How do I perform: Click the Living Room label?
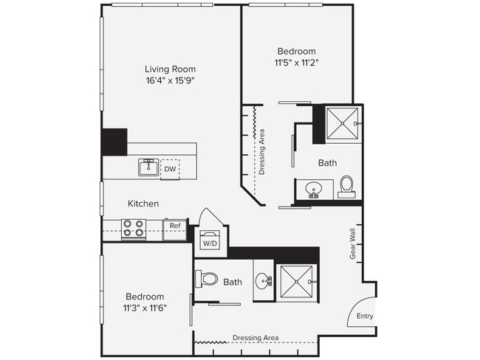(x=170, y=69)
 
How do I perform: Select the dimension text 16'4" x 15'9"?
(x=170, y=80)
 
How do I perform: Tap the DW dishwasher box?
(x=170, y=169)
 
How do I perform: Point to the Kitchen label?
(x=143, y=204)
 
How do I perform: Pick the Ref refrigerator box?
(x=175, y=226)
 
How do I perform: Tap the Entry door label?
(x=365, y=316)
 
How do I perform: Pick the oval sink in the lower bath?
(x=263, y=281)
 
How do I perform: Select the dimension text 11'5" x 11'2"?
(x=296, y=63)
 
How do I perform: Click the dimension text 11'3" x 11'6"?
(x=144, y=308)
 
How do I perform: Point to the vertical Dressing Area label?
(x=262, y=152)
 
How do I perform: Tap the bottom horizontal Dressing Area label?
(x=256, y=338)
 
